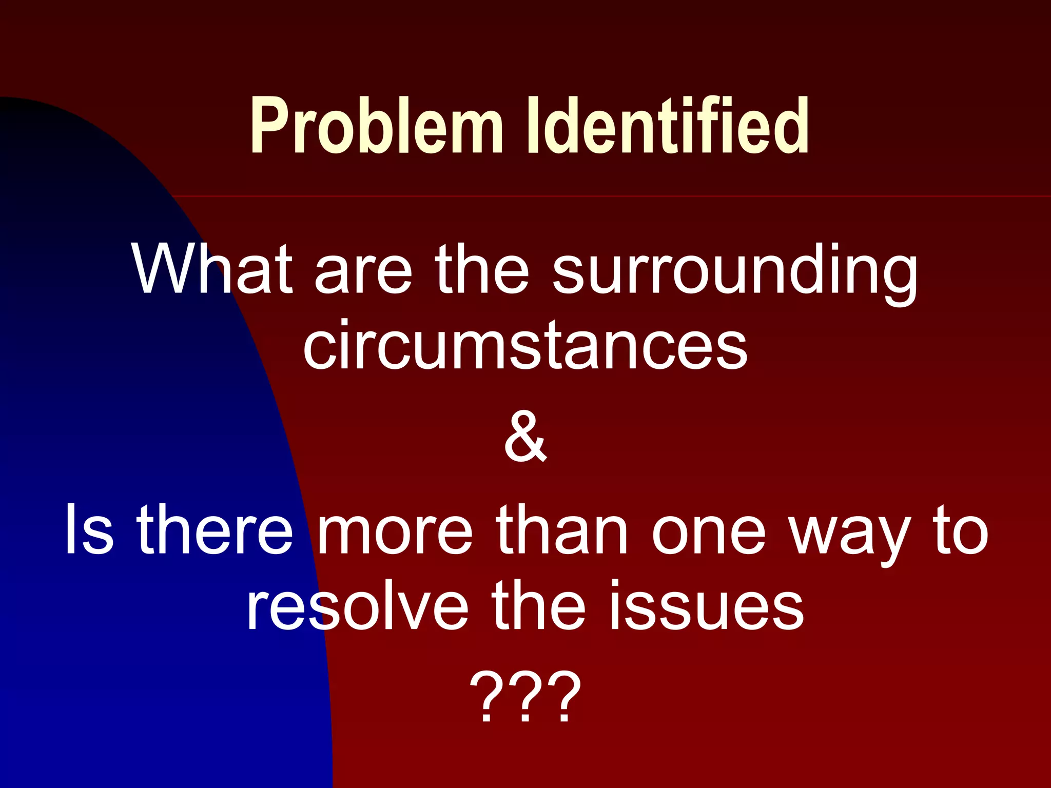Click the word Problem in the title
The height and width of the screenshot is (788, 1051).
[x=376, y=126]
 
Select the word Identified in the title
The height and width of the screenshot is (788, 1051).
[x=668, y=126]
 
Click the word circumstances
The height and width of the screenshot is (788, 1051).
[x=525, y=345]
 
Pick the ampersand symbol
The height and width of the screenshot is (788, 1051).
[x=525, y=438]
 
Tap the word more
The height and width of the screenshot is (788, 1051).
[x=394, y=531]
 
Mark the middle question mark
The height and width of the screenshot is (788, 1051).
[x=525, y=697]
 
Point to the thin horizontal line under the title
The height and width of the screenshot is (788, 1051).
[x=616, y=196]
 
